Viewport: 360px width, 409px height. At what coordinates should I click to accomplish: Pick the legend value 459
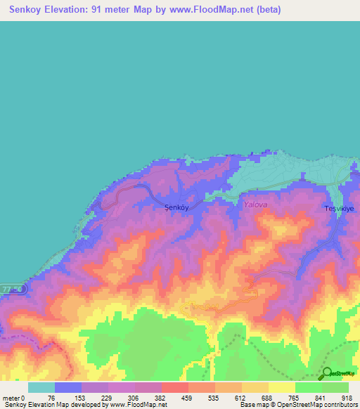pos(188,398)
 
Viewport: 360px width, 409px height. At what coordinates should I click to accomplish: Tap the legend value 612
pos(242,398)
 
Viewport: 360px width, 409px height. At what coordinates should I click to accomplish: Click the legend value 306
pos(135,398)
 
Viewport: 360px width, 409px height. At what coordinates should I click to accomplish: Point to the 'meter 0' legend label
pos(13,398)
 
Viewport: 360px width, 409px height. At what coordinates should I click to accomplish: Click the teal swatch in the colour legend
pos(41,387)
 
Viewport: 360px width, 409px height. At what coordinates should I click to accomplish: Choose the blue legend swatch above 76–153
pos(68,387)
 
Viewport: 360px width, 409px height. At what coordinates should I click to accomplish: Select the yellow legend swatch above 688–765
pos(282,387)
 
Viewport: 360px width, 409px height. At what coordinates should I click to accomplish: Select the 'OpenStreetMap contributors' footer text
pos(318,405)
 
